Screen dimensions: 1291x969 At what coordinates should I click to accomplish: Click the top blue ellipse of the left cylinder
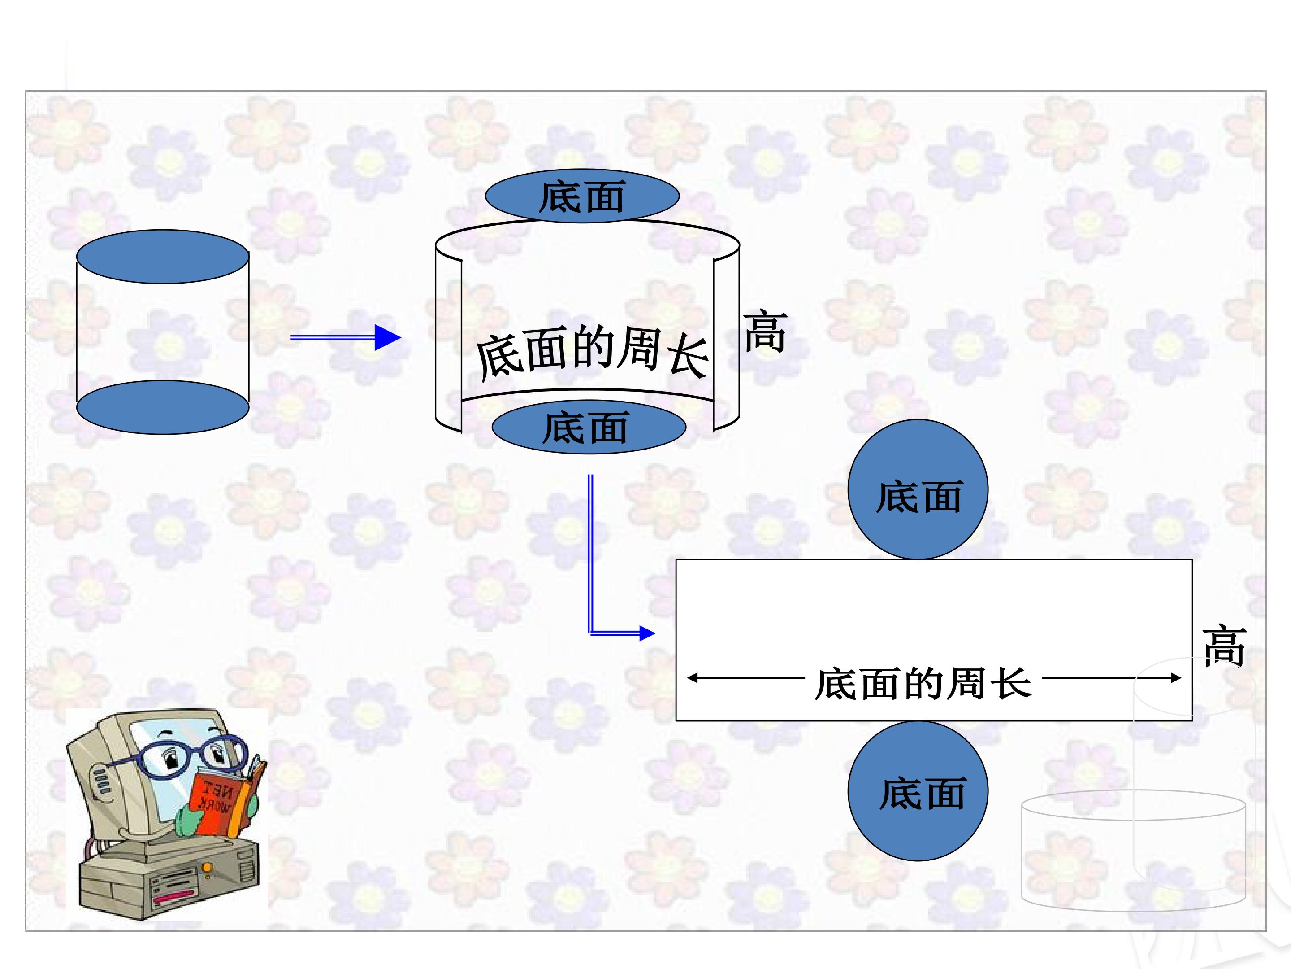tap(163, 257)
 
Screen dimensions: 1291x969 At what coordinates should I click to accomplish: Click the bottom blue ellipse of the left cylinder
tap(163, 407)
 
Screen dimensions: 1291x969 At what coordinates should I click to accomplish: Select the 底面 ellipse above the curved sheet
tap(582, 196)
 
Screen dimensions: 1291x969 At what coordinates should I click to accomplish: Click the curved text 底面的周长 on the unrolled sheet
tap(593, 352)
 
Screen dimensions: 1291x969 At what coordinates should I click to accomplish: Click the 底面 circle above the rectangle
tap(918, 489)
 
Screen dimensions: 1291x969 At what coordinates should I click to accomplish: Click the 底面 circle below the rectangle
tap(918, 791)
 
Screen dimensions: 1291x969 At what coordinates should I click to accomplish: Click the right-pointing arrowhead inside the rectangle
tap(1175, 678)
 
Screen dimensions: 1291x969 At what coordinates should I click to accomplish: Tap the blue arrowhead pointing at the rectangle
tap(647, 633)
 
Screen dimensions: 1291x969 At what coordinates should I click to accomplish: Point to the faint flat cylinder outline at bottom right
tap(1133, 851)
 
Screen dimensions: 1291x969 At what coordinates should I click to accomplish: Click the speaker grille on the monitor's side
tap(102, 781)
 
